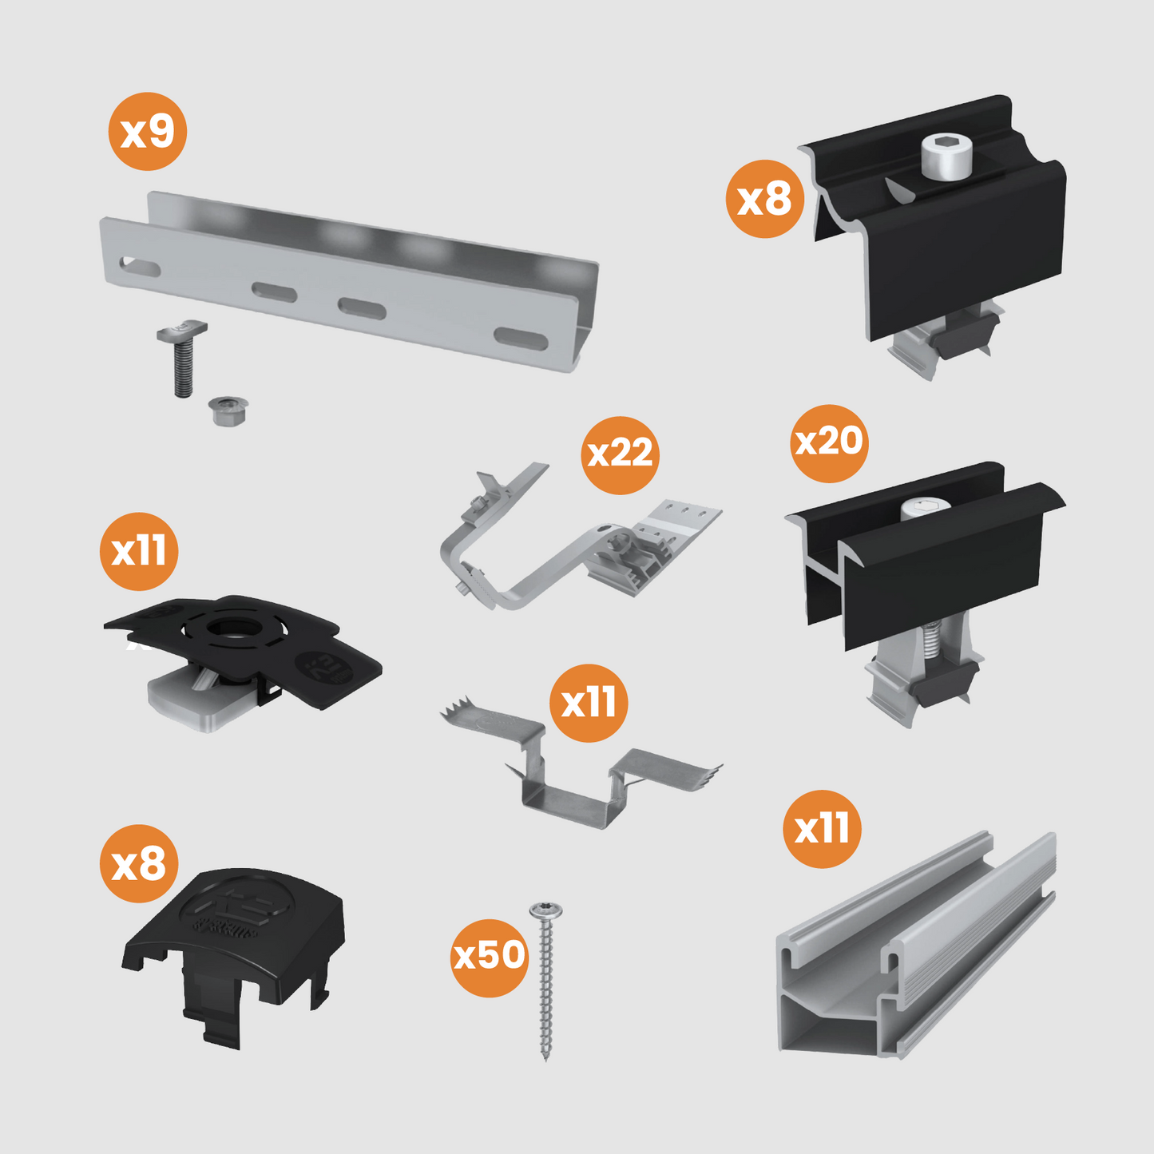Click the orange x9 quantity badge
point(148,131)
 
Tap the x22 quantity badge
point(620,455)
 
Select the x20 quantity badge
point(829,442)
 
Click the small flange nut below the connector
point(228,410)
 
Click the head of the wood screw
point(546,911)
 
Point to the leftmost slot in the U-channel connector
point(139,265)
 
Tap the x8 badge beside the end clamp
point(764,199)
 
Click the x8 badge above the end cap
point(139,864)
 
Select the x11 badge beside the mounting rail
point(822,829)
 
